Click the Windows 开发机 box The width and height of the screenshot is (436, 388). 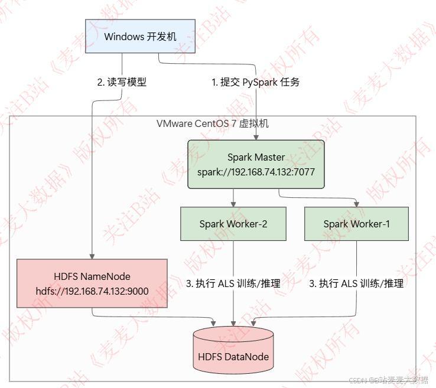pos(140,37)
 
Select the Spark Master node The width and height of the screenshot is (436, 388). pos(256,164)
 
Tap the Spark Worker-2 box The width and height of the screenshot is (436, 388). pos(233,224)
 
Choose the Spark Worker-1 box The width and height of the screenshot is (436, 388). pos(356,224)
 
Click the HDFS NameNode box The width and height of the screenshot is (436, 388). pos(92,283)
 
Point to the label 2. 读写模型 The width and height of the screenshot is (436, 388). pos(122,83)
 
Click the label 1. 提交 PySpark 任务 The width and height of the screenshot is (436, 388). pos(256,83)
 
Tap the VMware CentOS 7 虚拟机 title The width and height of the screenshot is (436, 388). pos(213,123)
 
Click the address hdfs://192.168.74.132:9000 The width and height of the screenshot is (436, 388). pos(92,291)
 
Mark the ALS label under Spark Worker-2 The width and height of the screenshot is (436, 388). pos(233,284)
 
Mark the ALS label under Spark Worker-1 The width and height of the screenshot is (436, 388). pos(356,284)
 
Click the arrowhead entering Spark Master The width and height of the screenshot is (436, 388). pos(256,137)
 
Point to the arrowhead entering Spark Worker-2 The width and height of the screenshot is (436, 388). pos(233,204)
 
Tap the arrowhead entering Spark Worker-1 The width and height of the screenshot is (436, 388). pos(356,204)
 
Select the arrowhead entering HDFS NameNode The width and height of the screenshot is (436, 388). pos(92,255)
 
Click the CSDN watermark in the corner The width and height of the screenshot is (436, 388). pos(389,380)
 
